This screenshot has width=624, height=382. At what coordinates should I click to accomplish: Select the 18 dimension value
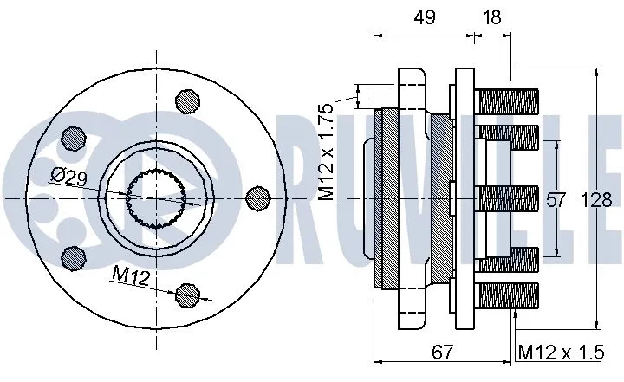493,16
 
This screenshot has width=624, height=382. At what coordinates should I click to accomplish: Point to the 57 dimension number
555,200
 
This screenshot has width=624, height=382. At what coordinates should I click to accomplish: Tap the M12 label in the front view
128,275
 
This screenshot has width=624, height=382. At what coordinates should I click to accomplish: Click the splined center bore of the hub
157,198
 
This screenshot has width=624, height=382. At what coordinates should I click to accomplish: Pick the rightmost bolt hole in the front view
257,198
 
